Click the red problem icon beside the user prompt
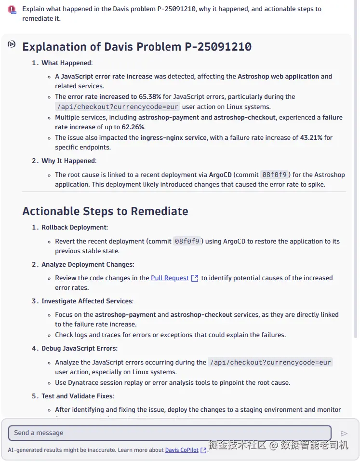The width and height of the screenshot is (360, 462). tap(12, 10)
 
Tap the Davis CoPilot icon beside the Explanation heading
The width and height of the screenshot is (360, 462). tap(12, 44)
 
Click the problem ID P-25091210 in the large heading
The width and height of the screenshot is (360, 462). tap(218, 47)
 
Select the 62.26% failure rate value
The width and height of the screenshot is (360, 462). tap(131, 127)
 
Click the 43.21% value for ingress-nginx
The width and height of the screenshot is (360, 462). tap(311, 137)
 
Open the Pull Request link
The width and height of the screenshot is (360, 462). tap(170, 278)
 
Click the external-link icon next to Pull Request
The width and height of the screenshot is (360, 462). tap(195, 278)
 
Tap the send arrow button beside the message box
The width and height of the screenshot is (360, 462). tap(344, 434)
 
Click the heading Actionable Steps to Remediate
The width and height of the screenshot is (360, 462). tap(105, 211)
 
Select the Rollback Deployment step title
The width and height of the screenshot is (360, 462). tap(74, 227)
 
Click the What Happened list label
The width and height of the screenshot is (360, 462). tap(67, 63)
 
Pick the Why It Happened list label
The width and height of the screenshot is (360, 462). tap(68, 161)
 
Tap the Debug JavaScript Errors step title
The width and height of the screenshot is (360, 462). tap(79, 348)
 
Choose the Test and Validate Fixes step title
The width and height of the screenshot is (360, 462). tap(78, 396)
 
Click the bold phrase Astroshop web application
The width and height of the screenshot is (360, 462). tap(278, 76)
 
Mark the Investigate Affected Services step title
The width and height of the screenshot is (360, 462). tap(87, 301)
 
